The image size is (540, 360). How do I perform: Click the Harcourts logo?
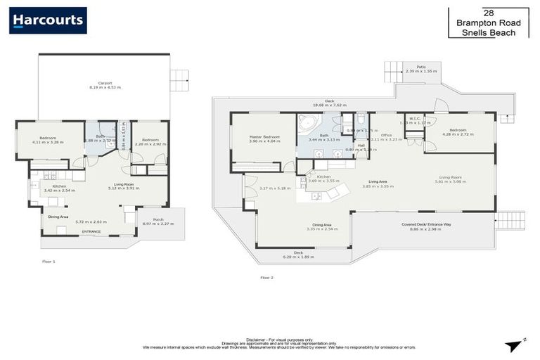[x=48, y=20]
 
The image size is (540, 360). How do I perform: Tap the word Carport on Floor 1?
[x=105, y=83]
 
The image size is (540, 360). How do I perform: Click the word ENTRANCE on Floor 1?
[x=91, y=231]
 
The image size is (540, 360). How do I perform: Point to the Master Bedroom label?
[x=264, y=136]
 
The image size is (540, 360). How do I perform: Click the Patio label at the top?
[x=421, y=67]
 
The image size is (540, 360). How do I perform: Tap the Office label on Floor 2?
[x=386, y=135]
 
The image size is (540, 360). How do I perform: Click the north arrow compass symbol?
[x=515, y=345]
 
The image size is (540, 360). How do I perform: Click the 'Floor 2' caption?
[x=266, y=277]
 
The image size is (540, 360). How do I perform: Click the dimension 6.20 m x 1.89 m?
[x=299, y=257]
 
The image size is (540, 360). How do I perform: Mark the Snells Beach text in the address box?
[x=488, y=32]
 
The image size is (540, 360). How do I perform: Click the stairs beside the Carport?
[x=179, y=80]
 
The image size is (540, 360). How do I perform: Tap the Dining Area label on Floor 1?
[x=58, y=217]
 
